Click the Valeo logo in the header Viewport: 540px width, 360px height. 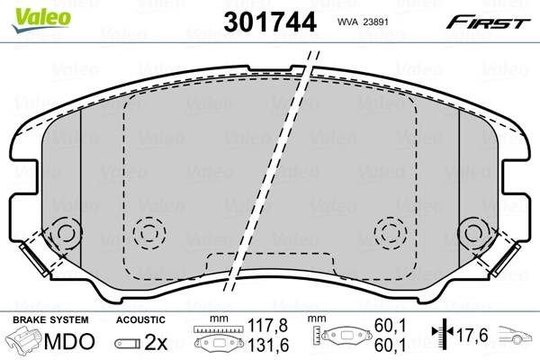point(30,13)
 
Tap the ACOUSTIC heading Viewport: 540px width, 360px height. point(141,319)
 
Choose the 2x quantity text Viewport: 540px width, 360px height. point(154,342)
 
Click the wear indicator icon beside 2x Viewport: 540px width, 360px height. point(127,342)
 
